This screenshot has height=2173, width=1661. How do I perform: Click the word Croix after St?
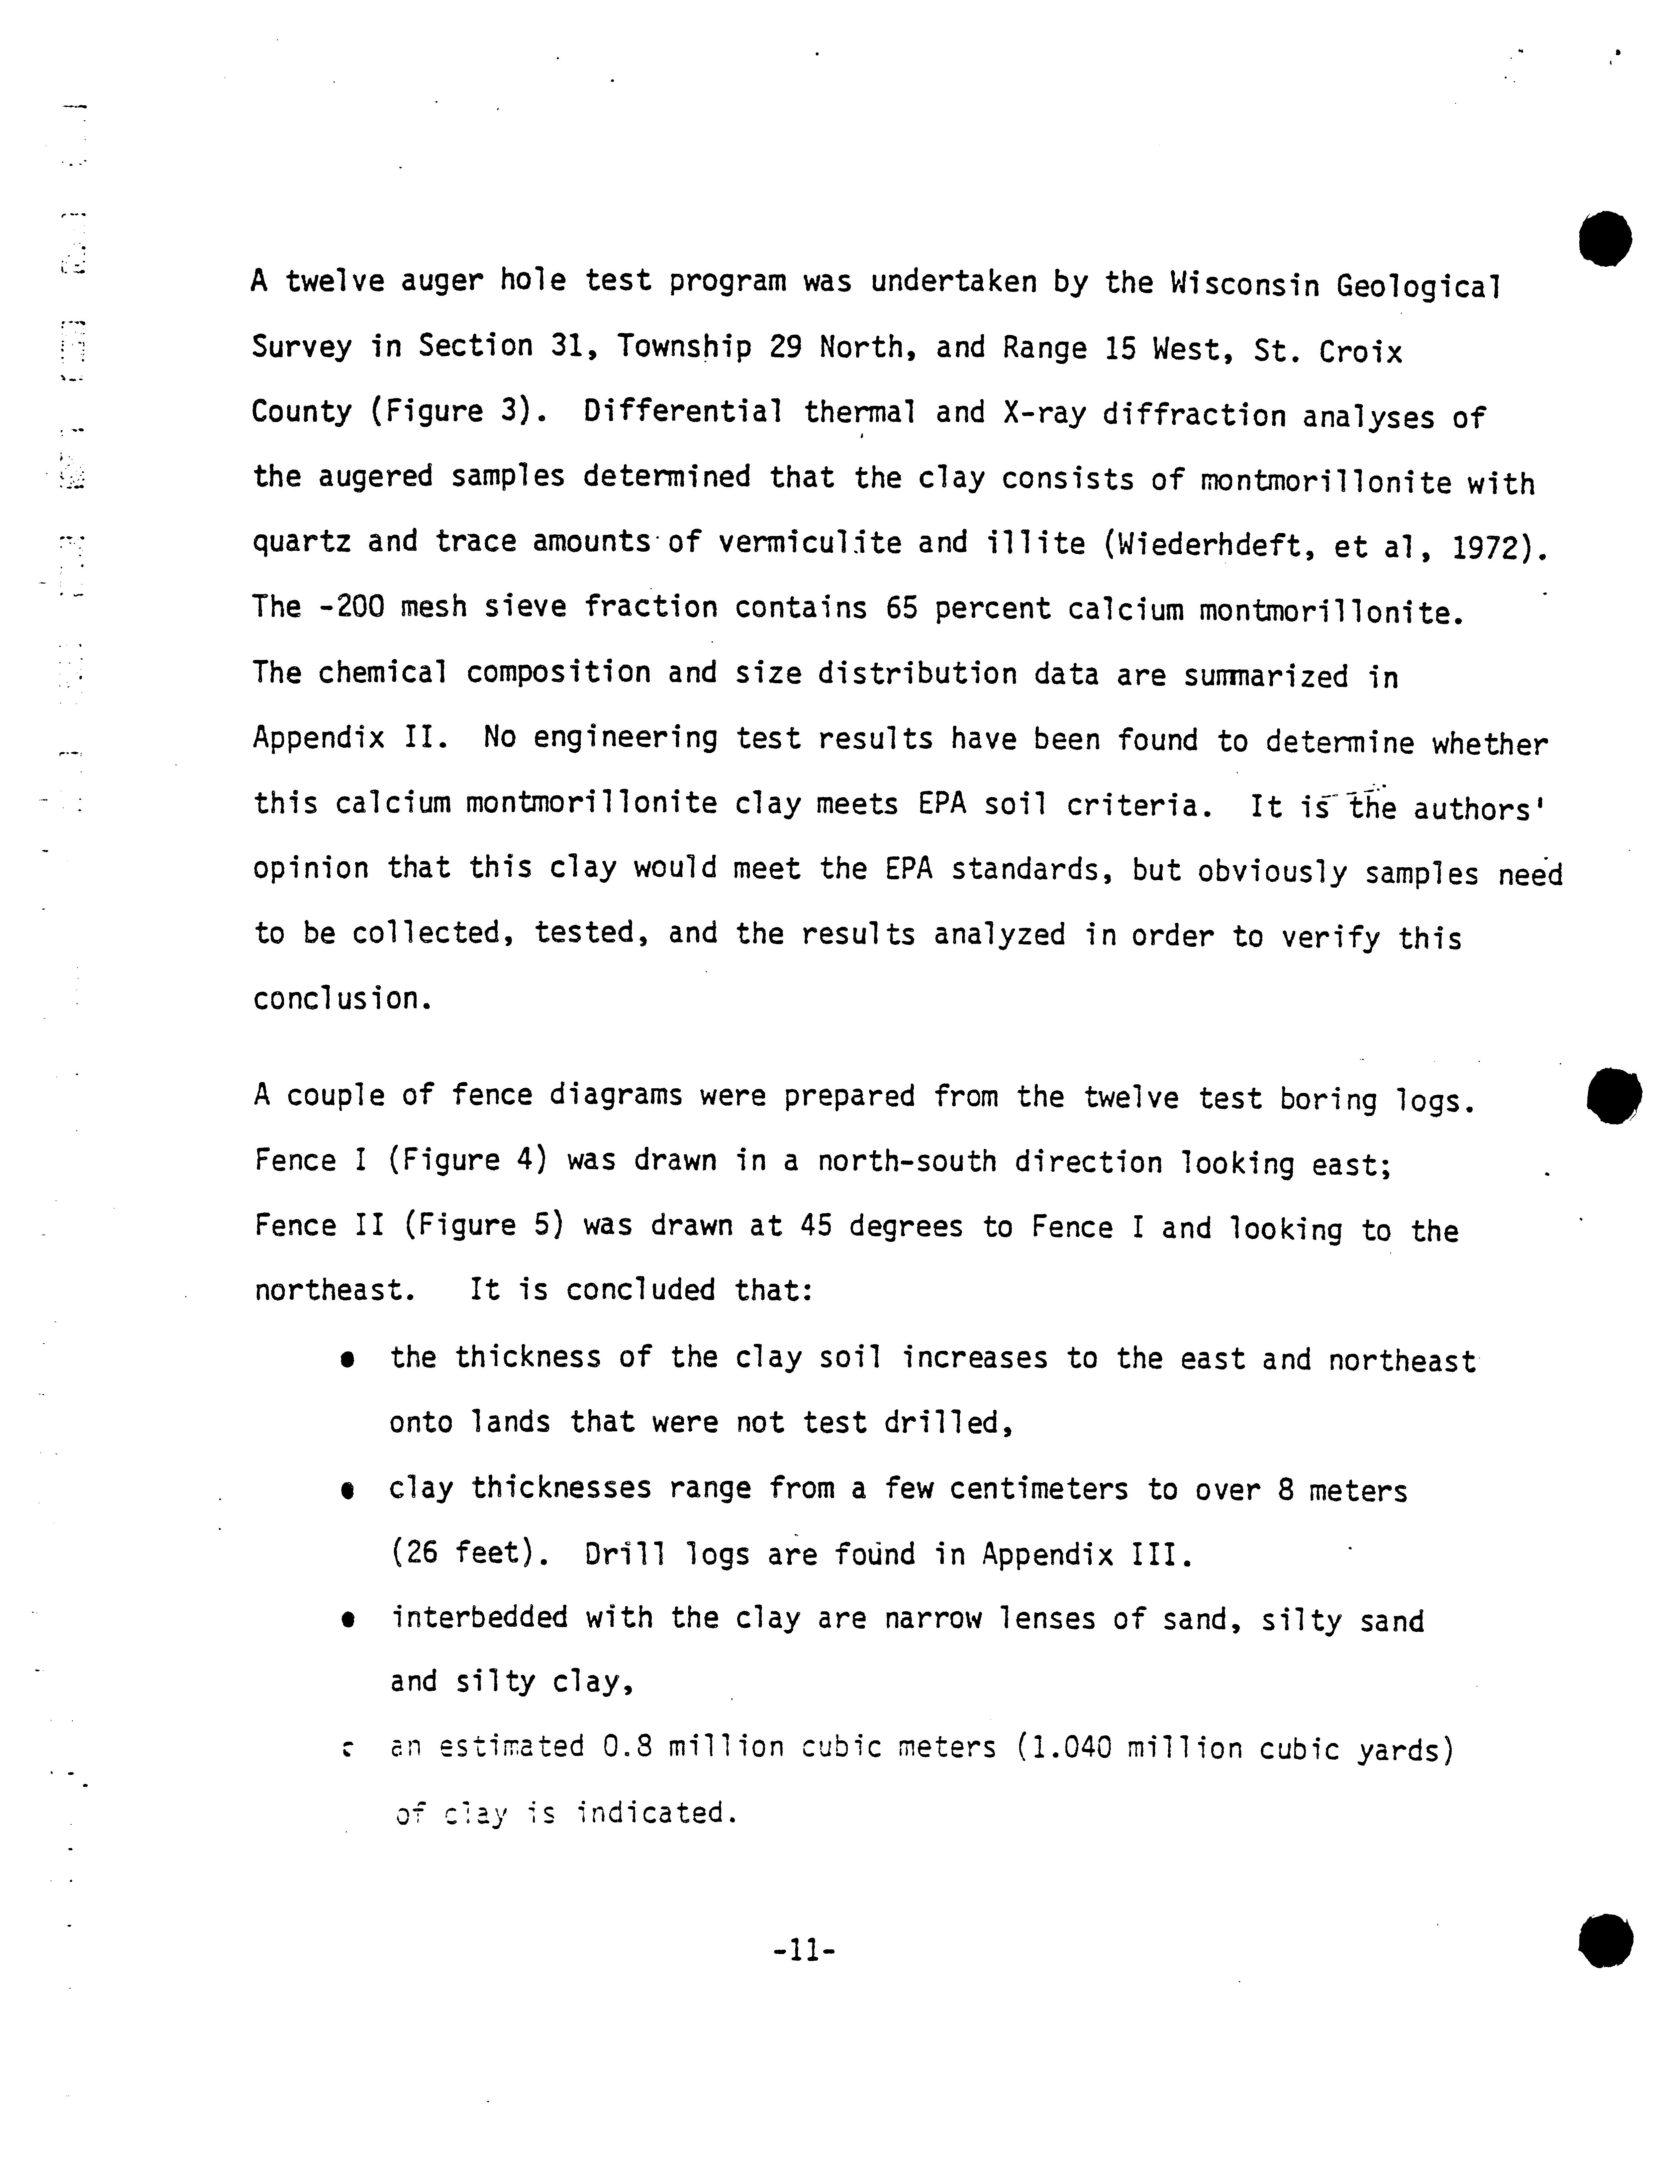click(x=1360, y=351)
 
